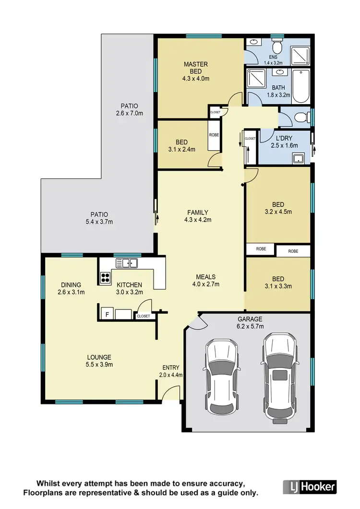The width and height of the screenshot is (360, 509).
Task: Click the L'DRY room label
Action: (x=285, y=138)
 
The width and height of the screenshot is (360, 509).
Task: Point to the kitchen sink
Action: (x=127, y=263)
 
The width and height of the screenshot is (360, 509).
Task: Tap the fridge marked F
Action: (x=106, y=315)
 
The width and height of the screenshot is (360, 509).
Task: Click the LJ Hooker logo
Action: (x=310, y=487)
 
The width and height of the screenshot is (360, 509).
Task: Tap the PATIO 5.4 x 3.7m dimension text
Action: (x=98, y=222)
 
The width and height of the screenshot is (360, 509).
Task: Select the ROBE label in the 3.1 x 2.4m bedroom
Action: (x=214, y=135)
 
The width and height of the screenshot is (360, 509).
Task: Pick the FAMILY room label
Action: (x=198, y=213)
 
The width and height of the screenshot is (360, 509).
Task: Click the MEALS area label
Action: (x=205, y=277)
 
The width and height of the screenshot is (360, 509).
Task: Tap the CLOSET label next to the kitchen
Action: (x=143, y=316)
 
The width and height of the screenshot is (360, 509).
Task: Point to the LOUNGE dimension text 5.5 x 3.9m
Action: (x=99, y=365)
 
